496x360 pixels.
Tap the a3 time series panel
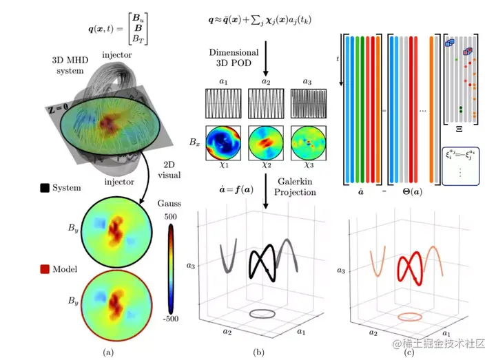[x=308, y=107]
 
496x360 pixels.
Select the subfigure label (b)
[x=259, y=352]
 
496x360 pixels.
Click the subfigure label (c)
[x=409, y=352]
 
